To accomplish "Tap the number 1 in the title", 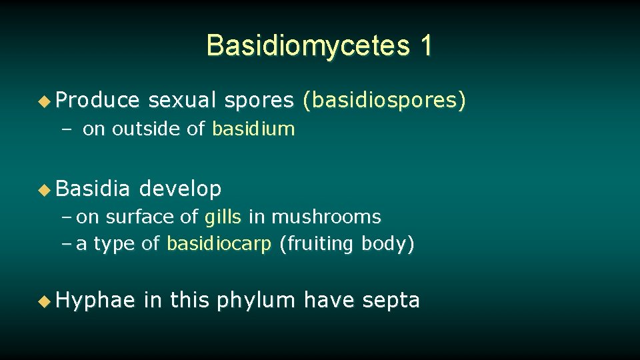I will click(426, 45).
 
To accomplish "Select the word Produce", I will click(98, 101).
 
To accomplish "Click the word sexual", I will click(182, 101).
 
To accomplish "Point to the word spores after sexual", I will click(259, 101).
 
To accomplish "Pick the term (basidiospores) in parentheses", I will click(385, 101).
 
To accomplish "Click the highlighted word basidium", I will click(253, 129).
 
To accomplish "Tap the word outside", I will click(149, 129).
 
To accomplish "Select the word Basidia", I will click(93, 189).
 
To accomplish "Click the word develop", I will click(180, 189).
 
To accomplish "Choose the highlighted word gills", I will click(223, 217).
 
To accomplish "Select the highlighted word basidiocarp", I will click(219, 244).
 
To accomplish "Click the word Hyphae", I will click(96, 301).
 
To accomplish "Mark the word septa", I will click(391, 301).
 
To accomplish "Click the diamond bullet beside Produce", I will click(44, 101).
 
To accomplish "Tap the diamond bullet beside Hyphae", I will click(44, 301).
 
